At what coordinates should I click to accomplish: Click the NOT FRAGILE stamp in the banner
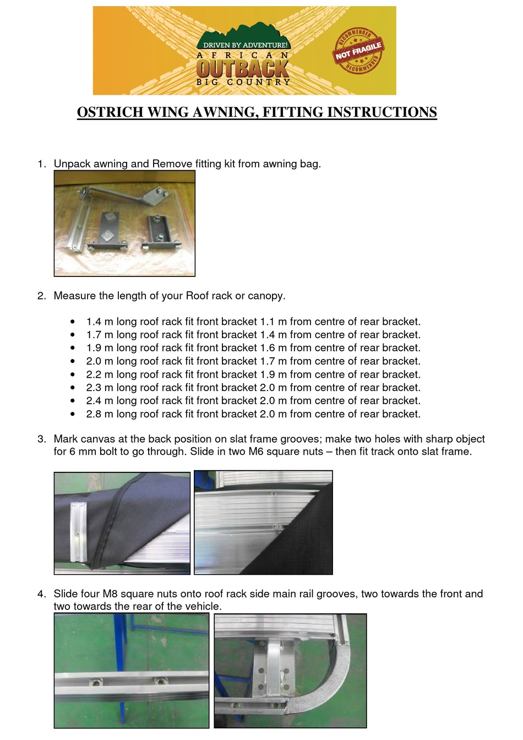(x=358, y=51)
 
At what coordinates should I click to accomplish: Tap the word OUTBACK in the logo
(x=243, y=69)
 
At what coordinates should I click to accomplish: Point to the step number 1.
(x=41, y=164)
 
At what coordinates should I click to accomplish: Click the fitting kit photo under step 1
(x=124, y=223)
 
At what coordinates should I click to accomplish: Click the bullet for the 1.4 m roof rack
(x=73, y=322)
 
